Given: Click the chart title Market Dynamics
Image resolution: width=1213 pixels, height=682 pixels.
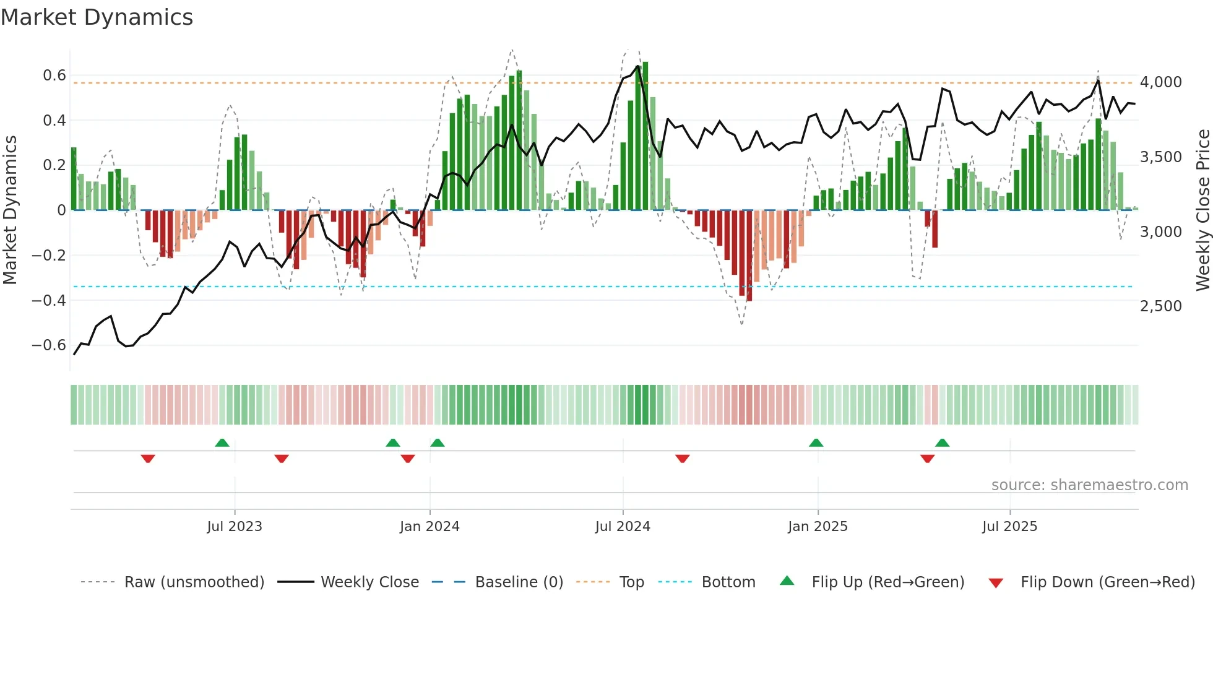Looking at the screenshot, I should click(97, 17).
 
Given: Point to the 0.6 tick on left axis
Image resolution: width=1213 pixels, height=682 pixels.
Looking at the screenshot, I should click(54, 76).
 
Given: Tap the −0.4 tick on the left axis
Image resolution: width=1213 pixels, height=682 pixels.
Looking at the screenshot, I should click(49, 301).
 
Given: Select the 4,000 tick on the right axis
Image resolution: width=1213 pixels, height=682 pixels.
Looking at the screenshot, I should click(1161, 82).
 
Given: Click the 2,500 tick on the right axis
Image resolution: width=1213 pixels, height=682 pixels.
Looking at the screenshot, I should click(1161, 306).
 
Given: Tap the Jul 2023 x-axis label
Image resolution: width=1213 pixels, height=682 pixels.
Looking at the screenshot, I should click(235, 527).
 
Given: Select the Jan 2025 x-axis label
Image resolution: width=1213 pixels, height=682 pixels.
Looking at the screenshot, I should click(818, 527).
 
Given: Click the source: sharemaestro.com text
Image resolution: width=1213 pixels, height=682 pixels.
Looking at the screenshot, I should click(1089, 485).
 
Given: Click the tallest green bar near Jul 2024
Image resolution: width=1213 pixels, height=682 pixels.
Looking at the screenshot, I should click(645, 136).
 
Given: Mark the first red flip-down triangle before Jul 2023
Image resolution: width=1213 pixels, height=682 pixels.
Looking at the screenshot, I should click(148, 459).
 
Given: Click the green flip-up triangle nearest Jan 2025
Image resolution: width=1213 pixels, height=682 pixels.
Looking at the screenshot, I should click(816, 442).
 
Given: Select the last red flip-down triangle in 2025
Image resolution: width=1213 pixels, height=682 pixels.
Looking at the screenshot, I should click(927, 459).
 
